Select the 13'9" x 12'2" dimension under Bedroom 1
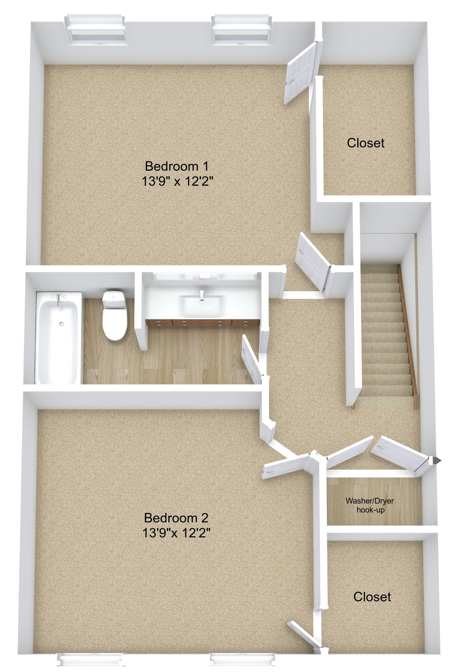[x=177, y=181]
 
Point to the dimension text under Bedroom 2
[x=177, y=532]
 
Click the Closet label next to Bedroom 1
[x=365, y=143]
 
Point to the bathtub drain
[x=61, y=324]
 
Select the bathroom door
[x=252, y=359]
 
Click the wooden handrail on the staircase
[x=407, y=337]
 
